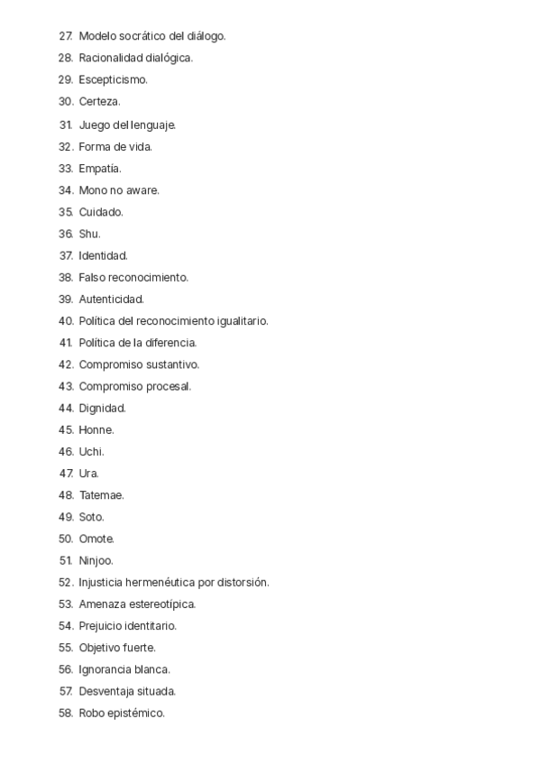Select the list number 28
(65, 58)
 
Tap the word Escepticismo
(113, 80)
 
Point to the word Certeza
(99, 102)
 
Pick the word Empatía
(99, 168)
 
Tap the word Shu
(89, 234)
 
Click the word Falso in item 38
(92, 278)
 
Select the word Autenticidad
(111, 300)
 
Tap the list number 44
(65, 409)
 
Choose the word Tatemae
(101, 495)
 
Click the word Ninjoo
(96, 561)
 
